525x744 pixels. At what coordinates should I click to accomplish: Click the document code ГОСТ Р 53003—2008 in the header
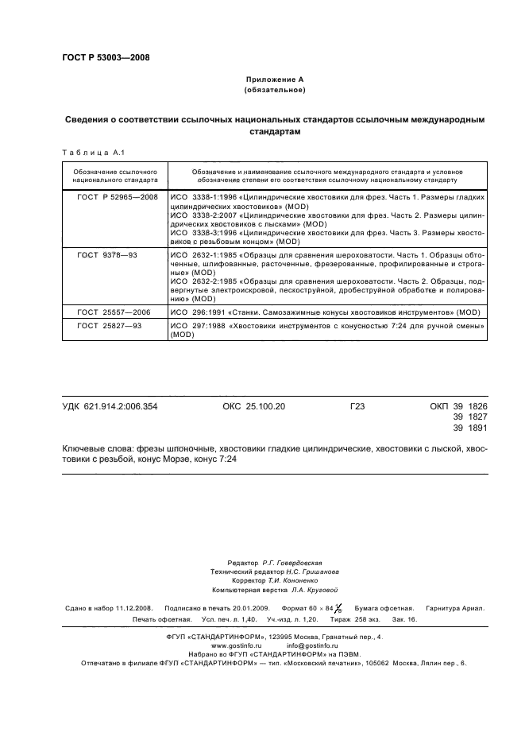pos(105,57)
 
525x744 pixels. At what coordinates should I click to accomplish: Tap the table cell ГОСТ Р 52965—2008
pos(117,196)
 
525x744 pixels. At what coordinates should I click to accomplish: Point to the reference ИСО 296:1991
pos(196,313)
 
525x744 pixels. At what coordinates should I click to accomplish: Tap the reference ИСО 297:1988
pos(196,327)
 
